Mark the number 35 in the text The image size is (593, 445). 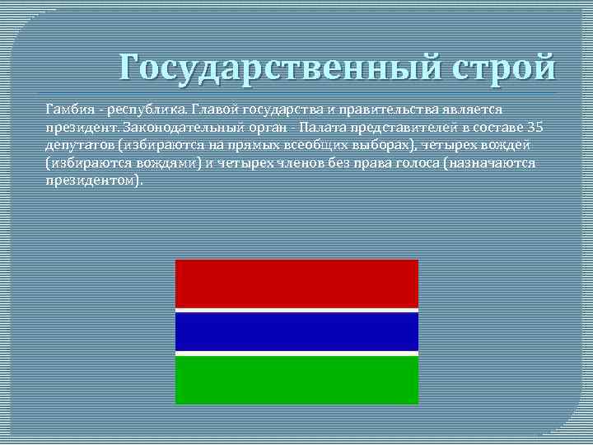535,127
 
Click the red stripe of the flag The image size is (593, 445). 296,283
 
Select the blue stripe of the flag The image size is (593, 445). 296,331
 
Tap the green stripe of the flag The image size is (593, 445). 296,379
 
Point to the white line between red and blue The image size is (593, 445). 296,310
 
